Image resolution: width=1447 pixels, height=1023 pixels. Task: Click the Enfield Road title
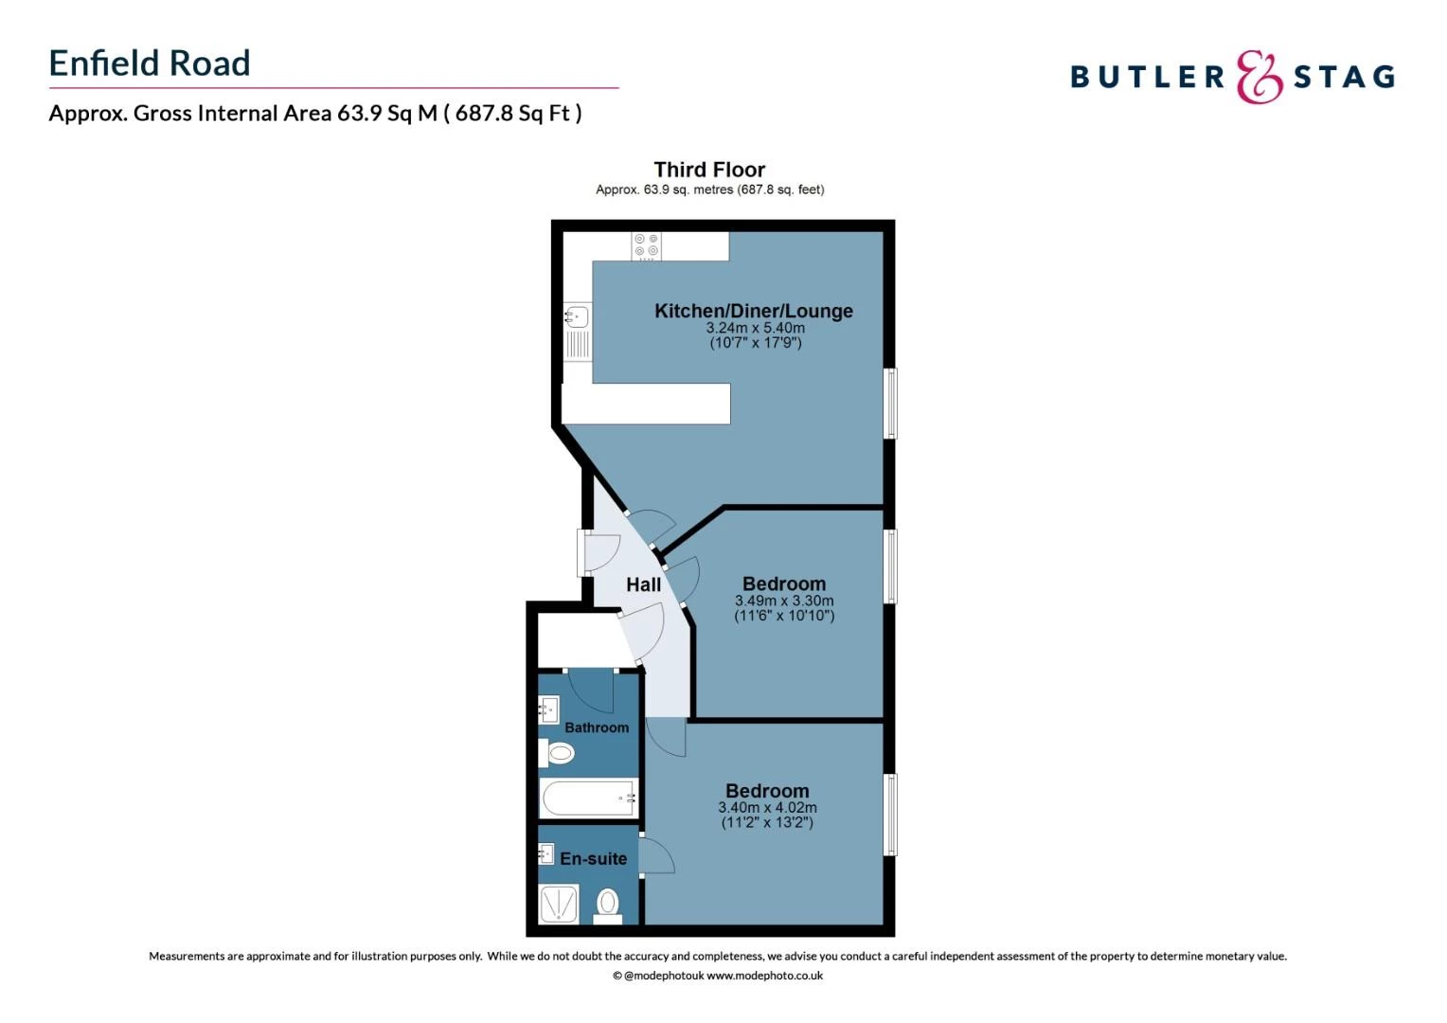150,63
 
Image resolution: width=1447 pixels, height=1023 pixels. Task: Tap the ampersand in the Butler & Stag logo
1259,77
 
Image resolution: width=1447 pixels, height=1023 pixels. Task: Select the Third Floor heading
709,170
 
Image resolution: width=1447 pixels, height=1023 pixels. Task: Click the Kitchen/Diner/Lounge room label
754,311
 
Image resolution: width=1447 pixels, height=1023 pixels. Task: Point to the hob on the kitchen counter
647,245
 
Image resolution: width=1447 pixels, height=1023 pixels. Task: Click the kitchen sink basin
577,316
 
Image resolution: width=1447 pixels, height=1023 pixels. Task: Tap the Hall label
644,584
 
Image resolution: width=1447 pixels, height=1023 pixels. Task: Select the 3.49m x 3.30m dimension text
784,601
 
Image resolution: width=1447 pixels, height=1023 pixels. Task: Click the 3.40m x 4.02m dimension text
767,808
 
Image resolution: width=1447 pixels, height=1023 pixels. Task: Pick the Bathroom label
597,727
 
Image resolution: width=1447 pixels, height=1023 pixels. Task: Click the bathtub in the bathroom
588,799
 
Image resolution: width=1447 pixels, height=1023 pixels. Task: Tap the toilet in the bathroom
559,754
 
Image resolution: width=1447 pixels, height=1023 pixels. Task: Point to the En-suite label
594,859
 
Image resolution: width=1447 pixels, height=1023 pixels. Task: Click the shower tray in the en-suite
559,904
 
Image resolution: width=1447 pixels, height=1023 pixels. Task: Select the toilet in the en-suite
608,904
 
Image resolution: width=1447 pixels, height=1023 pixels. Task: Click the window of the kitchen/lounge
890,404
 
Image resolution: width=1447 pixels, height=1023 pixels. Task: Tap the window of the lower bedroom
890,815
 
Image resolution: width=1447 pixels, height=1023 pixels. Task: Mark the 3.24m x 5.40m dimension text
755,328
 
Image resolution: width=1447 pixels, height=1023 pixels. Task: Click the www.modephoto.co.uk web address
764,976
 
